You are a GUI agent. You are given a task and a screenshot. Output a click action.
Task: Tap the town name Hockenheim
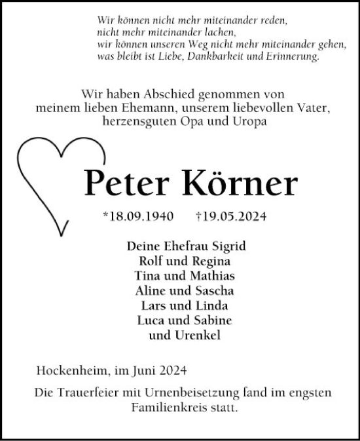click(x=73, y=371)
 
